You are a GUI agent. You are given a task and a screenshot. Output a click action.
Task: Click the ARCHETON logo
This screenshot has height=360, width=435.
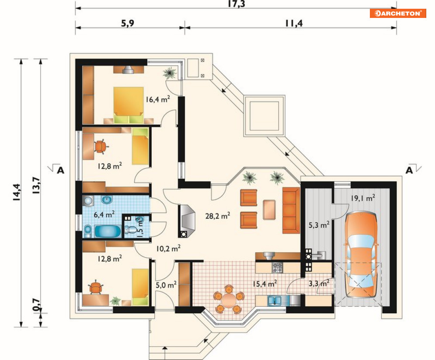tap(397, 13)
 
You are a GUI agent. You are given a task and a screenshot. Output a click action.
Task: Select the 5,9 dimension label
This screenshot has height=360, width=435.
tap(127, 23)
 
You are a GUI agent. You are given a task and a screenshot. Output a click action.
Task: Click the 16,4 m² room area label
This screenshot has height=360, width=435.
tap(158, 99)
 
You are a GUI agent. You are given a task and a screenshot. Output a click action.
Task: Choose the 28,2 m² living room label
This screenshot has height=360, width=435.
tap(218, 216)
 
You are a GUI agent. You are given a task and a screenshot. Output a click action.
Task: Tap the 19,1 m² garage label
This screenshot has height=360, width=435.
tap(363, 198)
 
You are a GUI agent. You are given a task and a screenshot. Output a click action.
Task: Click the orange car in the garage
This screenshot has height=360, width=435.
tap(361, 254)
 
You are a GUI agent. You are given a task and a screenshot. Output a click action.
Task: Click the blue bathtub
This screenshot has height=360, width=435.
tap(108, 231)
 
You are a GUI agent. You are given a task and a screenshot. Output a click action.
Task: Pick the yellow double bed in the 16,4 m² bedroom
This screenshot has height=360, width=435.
tap(129, 105)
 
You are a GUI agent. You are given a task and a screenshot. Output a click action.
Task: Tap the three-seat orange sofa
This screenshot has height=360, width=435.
tap(291, 210)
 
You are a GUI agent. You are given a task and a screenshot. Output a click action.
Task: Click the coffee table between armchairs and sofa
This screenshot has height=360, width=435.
tap(269, 210)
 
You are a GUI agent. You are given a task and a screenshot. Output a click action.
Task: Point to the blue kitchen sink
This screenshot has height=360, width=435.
tap(275, 301)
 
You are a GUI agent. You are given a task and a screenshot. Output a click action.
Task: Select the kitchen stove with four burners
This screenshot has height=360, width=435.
tap(277, 268)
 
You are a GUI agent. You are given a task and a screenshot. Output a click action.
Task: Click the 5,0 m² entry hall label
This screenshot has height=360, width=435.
tap(166, 285)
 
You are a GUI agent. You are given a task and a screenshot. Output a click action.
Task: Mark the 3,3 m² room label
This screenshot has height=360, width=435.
tap(319, 283)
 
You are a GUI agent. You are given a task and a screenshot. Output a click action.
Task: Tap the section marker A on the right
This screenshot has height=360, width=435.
tap(409, 170)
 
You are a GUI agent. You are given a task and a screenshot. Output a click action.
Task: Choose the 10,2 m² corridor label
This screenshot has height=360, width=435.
tap(168, 248)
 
